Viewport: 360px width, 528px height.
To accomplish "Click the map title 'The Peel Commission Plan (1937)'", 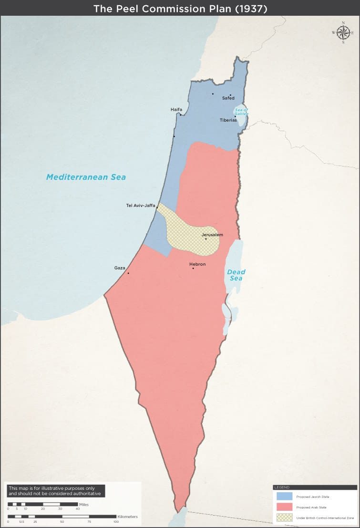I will (x=180, y=8).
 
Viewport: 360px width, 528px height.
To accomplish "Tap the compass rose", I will (x=343, y=32).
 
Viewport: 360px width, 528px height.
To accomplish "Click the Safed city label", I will (x=228, y=98).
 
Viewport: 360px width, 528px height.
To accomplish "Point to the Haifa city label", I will (x=176, y=110).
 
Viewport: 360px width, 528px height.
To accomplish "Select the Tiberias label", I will (x=228, y=120).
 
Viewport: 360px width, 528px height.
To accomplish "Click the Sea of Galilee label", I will (x=241, y=112).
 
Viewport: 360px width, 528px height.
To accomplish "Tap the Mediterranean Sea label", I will (x=86, y=177).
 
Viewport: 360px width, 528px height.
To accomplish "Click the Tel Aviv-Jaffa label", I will (x=141, y=206).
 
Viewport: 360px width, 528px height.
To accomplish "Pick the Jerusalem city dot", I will (x=206, y=239).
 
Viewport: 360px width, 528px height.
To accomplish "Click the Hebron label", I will (x=197, y=264).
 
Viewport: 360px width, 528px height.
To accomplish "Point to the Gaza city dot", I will (x=128, y=273).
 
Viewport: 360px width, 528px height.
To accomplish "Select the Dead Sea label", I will (x=236, y=275).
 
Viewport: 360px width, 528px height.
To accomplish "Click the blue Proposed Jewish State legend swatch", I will (x=284, y=497).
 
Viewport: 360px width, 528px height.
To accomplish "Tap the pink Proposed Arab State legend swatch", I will (x=284, y=507).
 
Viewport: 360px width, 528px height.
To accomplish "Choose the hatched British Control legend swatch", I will (x=284, y=518).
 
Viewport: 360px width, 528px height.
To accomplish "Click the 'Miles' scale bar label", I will (x=84, y=504).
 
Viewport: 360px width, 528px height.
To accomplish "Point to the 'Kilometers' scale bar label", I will (x=127, y=517).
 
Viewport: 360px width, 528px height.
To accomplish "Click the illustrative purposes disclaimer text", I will (x=55, y=491).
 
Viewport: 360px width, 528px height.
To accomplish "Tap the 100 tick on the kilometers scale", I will (x=116, y=522).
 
